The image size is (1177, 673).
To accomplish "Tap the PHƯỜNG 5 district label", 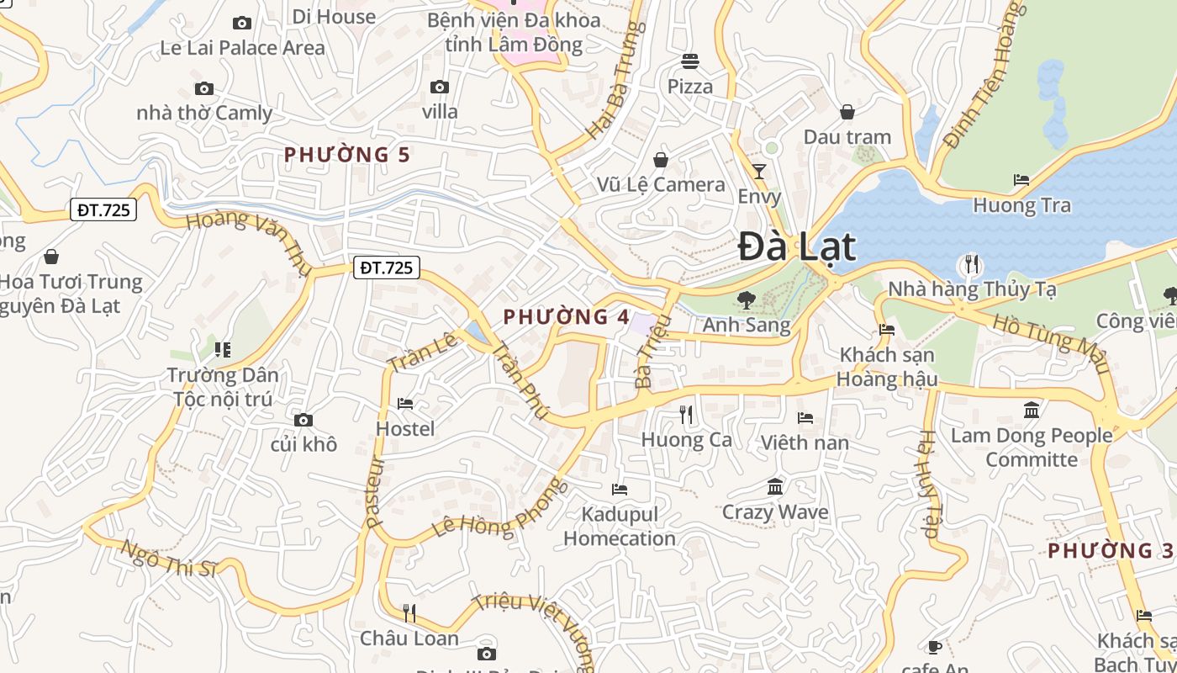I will pyautogui.click(x=347, y=155).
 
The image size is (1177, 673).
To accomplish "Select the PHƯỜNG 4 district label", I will pyautogui.click(x=566, y=317).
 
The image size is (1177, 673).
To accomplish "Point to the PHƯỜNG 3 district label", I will pyautogui.click(x=1111, y=551).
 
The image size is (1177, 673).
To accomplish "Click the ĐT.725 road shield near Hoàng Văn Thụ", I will pyautogui.click(x=386, y=268).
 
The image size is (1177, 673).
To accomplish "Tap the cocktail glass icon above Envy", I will pyautogui.click(x=759, y=172).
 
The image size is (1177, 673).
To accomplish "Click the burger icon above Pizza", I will pyautogui.click(x=690, y=61).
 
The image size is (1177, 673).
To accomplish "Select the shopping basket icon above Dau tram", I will pyautogui.click(x=847, y=112).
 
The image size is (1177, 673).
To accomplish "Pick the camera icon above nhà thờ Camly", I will pyautogui.click(x=204, y=88).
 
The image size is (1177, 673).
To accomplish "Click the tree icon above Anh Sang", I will pyautogui.click(x=746, y=299).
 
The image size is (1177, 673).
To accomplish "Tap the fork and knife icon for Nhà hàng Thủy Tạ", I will pyautogui.click(x=972, y=264).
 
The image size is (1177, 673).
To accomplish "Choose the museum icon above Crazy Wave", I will pyautogui.click(x=775, y=486).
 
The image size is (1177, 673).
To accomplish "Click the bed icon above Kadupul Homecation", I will pyautogui.click(x=620, y=489).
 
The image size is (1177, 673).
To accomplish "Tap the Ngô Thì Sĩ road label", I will pyautogui.click(x=169, y=559).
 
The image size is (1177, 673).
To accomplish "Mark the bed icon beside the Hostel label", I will pyautogui.click(x=405, y=404).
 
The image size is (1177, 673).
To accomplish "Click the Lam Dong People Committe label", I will pyautogui.click(x=1032, y=447).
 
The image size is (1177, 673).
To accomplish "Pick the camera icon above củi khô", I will pyautogui.click(x=303, y=420).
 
